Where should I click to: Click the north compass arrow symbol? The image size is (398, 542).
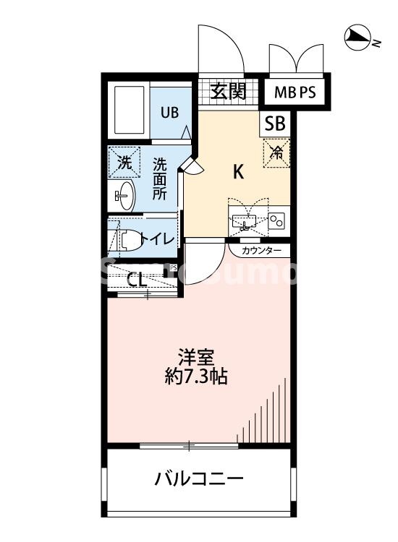point(357,38)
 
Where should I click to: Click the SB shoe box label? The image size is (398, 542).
point(275,124)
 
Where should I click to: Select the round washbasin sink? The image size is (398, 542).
point(125,195)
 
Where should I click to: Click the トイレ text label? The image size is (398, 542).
point(158,239)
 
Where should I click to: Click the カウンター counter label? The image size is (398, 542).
point(261,251)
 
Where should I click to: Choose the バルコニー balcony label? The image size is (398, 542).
point(198,478)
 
